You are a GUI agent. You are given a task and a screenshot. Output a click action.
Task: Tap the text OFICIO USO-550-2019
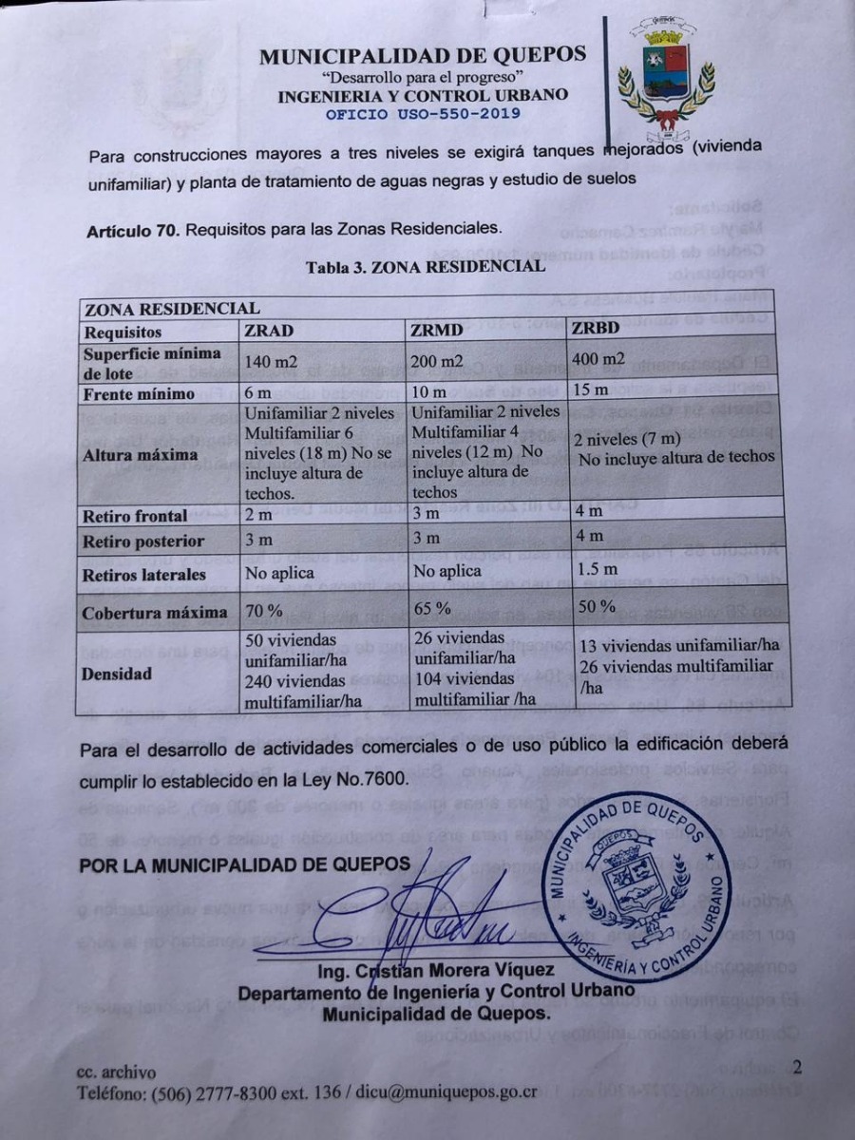[423, 114]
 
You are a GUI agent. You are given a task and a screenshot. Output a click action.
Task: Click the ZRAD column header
[269, 332]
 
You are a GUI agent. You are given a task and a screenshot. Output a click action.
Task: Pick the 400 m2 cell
[598, 359]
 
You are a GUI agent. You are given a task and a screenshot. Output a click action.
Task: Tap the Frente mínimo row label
[139, 393]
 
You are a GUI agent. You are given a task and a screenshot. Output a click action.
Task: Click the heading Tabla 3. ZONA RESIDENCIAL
[426, 267]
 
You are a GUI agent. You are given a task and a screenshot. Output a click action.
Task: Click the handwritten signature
[427, 912]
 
